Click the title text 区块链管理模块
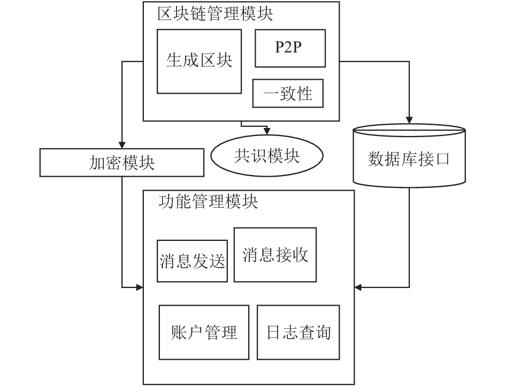pos(215,14)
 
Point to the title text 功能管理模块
pos(208,201)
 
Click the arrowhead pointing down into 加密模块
pos(122,145)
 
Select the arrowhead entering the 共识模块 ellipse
pos(267,131)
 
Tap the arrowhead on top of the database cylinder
pos(409,120)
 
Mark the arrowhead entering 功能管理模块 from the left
pos(140,287)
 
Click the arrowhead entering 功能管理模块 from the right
pos(358,287)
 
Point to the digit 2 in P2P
pos(288,48)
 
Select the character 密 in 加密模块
pos(113,162)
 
